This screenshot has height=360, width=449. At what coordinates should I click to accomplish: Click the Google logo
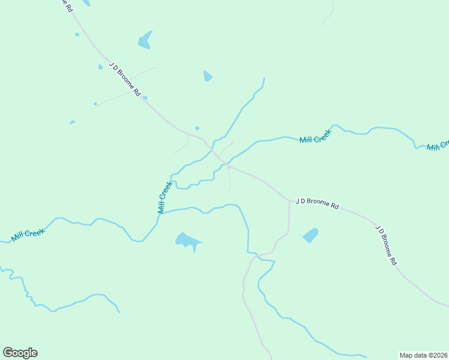[20, 353]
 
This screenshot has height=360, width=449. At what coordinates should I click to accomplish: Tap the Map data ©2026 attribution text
[423, 355]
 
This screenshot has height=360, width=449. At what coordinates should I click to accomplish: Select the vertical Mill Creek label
[164, 197]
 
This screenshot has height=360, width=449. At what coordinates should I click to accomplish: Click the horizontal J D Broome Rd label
[317, 203]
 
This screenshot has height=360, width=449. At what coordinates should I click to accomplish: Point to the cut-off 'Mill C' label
[438, 146]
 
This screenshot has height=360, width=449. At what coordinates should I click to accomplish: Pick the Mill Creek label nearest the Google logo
[28, 233]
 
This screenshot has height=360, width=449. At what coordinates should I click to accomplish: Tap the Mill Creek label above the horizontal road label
[315, 139]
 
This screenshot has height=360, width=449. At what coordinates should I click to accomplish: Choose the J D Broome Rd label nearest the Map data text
[386, 245]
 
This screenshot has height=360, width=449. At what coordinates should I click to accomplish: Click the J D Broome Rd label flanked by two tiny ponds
[125, 79]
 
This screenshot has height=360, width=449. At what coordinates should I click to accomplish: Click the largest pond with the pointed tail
[188, 241]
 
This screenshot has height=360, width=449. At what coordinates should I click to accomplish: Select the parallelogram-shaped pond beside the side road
[310, 235]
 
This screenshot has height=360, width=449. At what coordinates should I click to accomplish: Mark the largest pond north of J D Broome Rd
[145, 40]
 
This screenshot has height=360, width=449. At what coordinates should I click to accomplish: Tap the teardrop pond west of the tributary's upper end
[208, 76]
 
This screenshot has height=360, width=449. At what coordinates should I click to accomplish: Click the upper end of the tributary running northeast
[264, 79]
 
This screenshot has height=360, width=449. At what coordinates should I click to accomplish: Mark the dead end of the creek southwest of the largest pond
[119, 311]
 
